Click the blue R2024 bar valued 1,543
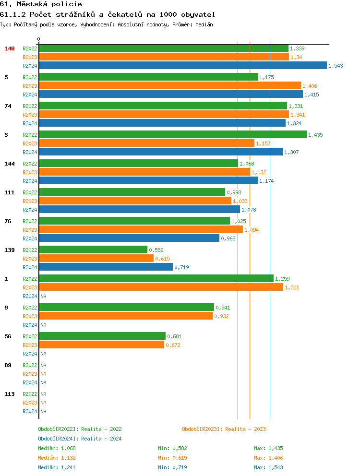coord(183,66)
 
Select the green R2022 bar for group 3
coord(173,135)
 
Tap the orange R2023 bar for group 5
coord(170,86)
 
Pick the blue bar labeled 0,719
coord(106,267)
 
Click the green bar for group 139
coord(93,250)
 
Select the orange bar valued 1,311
coord(161,287)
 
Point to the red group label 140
coord(10,48)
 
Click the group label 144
coord(10,164)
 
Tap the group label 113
coord(10,394)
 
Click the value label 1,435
coord(315,135)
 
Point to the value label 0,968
coord(228,238)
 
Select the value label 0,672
coord(173,345)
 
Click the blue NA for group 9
coord(43,325)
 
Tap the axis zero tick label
coord(39,39)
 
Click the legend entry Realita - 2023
coord(224,429)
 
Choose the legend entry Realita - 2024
coord(80,439)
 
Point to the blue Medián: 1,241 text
coord(57,467)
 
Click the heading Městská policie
coord(41,4)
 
